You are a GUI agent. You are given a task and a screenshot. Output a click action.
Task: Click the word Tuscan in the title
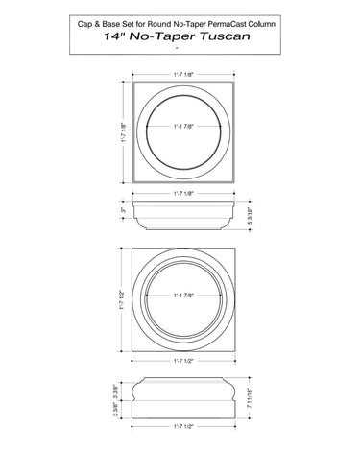(x=225, y=36)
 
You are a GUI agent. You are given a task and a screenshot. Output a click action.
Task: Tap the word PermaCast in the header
(x=228, y=24)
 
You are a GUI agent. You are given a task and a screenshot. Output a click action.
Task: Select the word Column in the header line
(x=263, y=24)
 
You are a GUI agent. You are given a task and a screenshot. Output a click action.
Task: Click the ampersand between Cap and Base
(x=96, y=24)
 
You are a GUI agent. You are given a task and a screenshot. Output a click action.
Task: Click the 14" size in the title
(x=114, y=36)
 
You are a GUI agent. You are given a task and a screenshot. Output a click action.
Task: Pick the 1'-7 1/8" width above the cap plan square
(x=183, y=75)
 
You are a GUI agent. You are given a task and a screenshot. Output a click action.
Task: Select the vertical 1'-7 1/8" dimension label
(x=123, y=132)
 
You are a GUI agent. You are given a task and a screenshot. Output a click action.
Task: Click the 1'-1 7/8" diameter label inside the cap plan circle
(x=183, y=127)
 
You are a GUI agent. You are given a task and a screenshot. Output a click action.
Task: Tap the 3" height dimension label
(x=123, y=210)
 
